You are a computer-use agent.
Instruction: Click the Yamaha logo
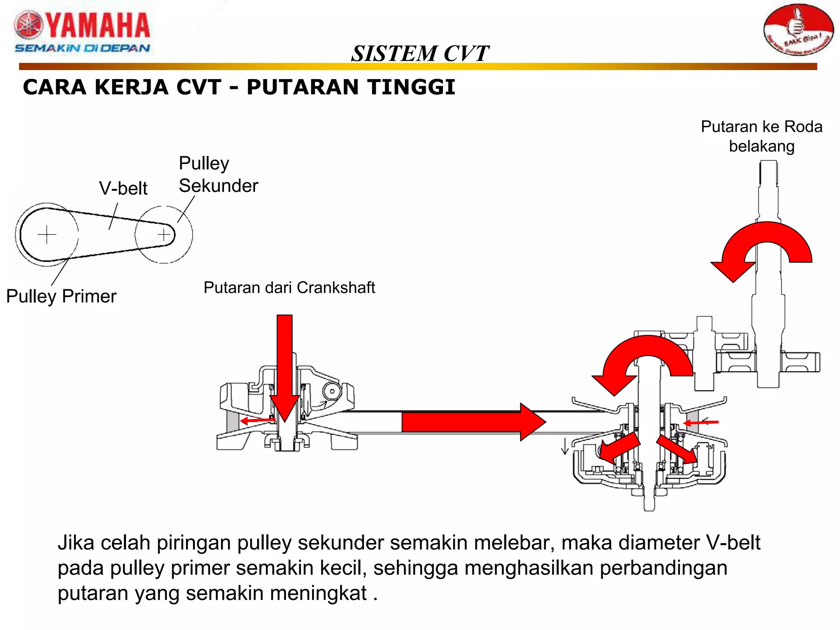(82, 25)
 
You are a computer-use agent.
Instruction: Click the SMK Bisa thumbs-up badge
(798, 30)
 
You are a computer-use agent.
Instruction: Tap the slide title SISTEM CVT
(420, 53)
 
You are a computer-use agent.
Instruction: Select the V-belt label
(123, 188)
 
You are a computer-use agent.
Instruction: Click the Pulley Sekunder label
(218, 175)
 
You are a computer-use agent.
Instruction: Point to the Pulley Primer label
(62, 296)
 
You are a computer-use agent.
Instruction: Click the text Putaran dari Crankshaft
(289, 288)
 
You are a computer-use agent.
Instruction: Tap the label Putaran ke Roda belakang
(762, 136)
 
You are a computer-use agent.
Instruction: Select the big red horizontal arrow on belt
(472, 422)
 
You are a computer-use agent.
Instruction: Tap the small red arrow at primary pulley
(258, 420)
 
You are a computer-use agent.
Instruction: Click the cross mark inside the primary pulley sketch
(47, 235)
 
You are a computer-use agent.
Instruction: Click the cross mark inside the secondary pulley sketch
(164, 235)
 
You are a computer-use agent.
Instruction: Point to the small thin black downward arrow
(565, 446)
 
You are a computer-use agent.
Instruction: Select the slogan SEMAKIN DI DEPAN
(82, 48)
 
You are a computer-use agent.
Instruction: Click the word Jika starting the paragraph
(75, 543)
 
